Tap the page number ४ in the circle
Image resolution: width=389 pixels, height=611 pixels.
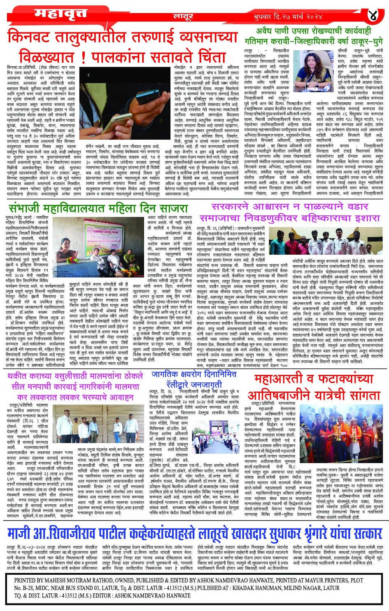point(373,16)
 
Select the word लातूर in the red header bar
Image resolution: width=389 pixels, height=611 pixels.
point(183,17)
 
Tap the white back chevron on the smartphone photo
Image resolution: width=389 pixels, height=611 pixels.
point(89,75)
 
